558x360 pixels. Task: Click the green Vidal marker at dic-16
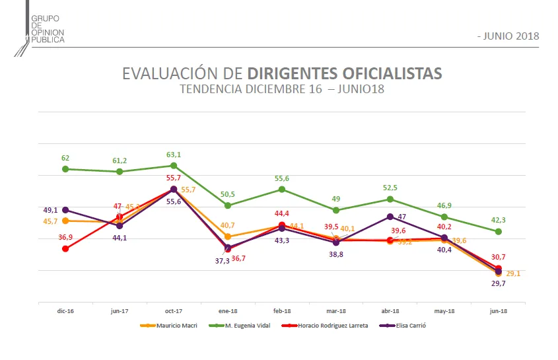pos(65,169)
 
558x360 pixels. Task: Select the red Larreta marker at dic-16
pos(65,249)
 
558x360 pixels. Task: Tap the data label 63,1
pos(174,155)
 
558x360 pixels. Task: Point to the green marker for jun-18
pos(499,231)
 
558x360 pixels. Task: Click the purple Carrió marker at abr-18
pos(390,217)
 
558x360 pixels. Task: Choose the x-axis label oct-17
pos(174,310)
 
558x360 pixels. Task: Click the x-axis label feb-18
pos(282,310)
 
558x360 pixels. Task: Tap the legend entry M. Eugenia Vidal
pos(246,325)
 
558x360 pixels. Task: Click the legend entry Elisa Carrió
pos(407,325)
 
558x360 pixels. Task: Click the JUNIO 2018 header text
pos(508,36)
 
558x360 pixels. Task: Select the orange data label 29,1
pos(514,273)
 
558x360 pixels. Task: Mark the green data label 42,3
pos(498,220)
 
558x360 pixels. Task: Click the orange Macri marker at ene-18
pos(228,236)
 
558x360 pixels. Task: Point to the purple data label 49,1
pos(51,210)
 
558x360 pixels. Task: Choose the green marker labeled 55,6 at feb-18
pos(282,190)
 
